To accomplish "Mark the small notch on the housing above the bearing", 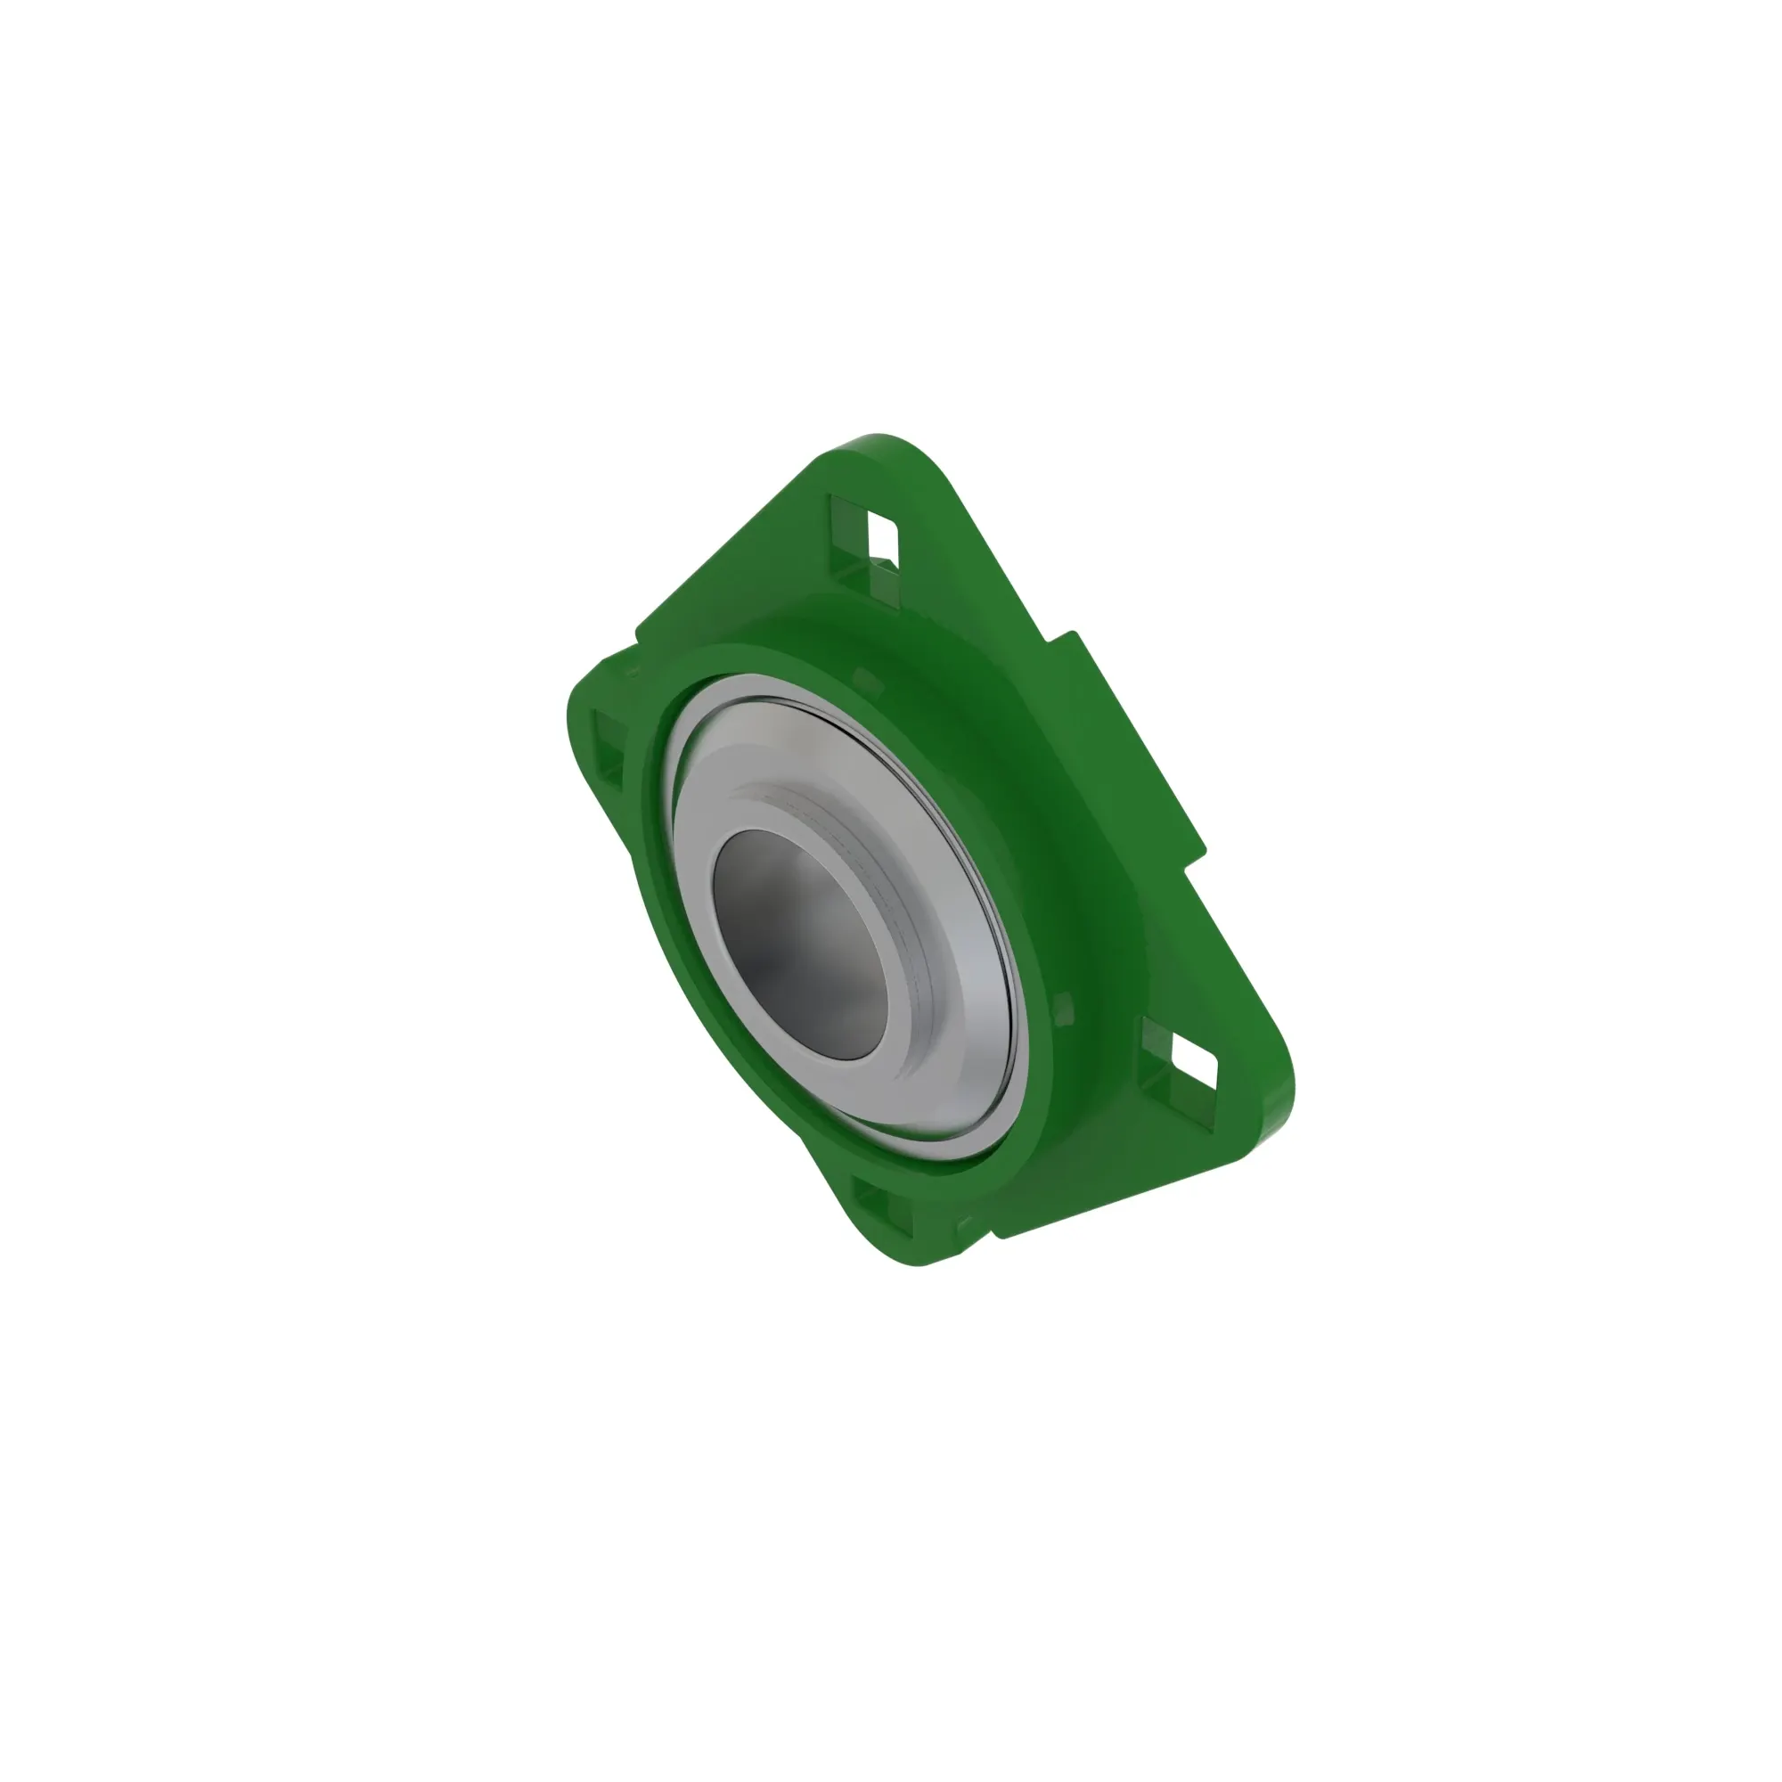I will point(868,679).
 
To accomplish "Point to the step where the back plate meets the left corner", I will point(636,636).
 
